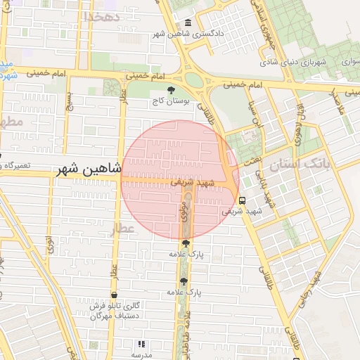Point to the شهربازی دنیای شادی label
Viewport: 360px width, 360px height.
pyautogui.click(x=304, y=63)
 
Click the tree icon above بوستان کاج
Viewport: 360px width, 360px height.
pyautogui.click(x=172, y=90)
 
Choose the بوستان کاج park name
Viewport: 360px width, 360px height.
pyautogui.click(x=172, y=101)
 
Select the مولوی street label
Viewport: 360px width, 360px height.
pyautogui.click(x=184, y=211)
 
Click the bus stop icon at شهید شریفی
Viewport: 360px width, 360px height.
pyautogui.click(x=242, y=199)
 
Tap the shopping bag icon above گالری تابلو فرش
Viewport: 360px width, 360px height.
pyautogui.click(x=115, y=295)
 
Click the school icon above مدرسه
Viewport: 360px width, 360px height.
pyautogui.click(x=141, y=345)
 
